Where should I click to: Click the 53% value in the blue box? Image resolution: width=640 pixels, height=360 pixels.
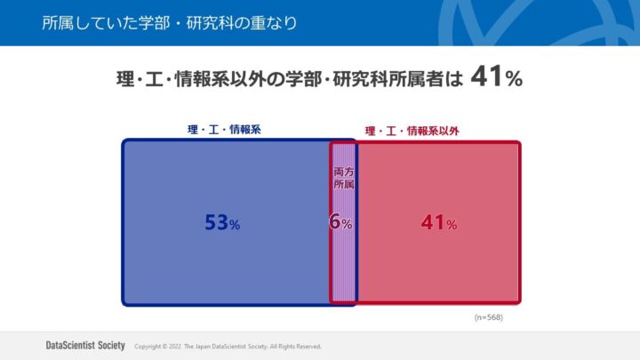(222, 224)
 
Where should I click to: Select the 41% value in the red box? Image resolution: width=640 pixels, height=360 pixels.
(439, 224)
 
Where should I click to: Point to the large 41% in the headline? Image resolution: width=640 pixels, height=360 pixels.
(496, 77)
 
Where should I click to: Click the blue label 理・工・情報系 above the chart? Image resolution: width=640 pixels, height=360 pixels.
(224, 130)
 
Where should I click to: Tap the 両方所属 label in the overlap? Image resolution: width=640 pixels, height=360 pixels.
(343, 178)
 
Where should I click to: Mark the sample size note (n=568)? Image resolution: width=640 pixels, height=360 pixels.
(490, 316)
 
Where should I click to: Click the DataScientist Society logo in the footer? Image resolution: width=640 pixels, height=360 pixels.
(84, 346)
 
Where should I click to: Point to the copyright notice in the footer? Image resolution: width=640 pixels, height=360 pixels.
(228, 347)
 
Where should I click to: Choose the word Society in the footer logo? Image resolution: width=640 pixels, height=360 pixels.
(108, 346)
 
